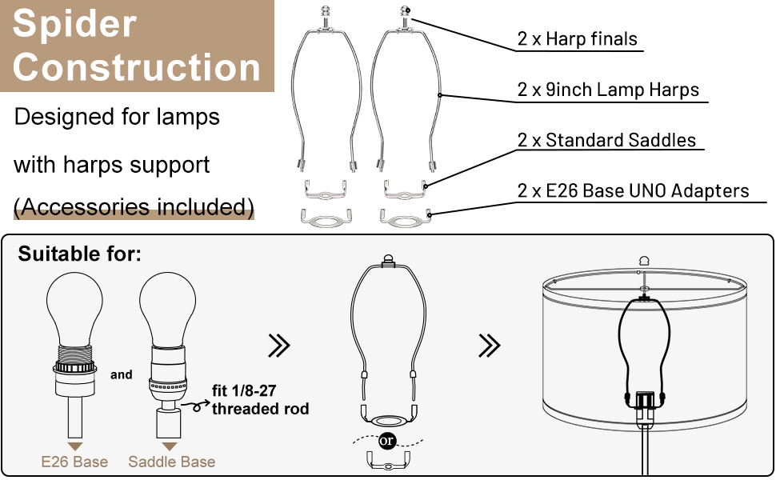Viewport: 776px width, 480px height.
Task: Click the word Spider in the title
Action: point(75,24)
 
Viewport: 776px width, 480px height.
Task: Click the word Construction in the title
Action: point(137,67)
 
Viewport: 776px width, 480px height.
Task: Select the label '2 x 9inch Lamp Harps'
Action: point(609,90)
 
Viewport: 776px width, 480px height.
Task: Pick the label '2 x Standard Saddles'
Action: point(607,141)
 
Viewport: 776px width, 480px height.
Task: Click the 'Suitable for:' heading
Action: point(80,254)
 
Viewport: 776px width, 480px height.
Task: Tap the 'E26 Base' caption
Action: point(74,462)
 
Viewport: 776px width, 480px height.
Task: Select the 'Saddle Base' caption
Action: point(171,462)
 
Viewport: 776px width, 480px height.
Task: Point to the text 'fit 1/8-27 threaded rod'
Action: point(260,401)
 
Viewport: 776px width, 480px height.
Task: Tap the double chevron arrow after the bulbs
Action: point(278,346)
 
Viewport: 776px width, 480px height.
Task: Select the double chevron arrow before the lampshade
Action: point(489,346)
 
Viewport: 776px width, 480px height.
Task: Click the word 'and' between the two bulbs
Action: point(122,374)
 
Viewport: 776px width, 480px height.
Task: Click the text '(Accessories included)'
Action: point(134,207)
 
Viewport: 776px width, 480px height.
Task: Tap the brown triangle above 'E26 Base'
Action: point(74,446)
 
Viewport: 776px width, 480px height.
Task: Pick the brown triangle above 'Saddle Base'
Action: point(170,446)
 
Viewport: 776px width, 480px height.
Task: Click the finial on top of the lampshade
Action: point(645,260)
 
